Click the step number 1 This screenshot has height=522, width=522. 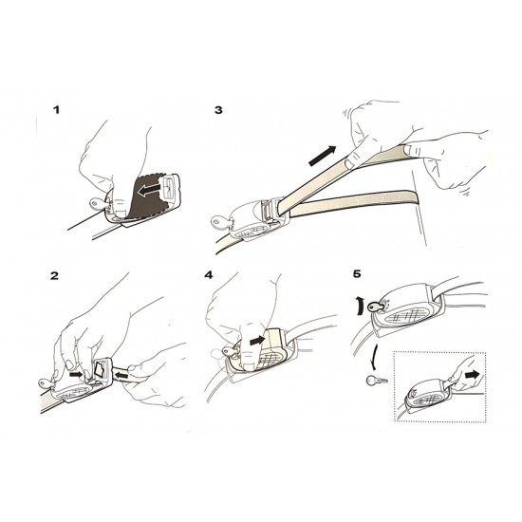click(57, 110)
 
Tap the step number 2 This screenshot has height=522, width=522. click(54, 276)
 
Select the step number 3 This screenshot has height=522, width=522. click(218, 110)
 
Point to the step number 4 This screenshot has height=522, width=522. click(209, 275)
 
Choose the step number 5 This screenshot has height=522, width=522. click(357, 274)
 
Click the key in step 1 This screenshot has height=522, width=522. click(97, 203)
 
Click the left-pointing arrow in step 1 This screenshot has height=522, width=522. click(151, 191)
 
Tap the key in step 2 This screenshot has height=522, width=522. click(47, 382)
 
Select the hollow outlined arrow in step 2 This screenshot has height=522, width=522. click(101, 369)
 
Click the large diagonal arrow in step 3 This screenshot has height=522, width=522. click(322, 156)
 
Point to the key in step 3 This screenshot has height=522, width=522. click(221, 222)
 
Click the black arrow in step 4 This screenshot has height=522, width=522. click(257, 340)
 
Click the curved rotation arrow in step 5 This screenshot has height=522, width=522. click(360, 307)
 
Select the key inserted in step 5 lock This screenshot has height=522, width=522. click(376, 307)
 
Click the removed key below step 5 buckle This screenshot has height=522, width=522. click(376, 380)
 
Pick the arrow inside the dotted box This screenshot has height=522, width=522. click(473, 375)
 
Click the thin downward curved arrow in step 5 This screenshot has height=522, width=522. click(376, 356)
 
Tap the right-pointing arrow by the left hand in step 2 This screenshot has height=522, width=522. click(76, 375)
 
